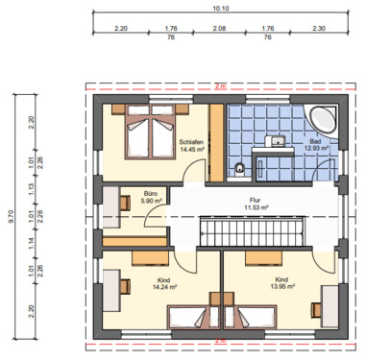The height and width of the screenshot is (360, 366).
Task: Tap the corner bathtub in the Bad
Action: click(321, 120)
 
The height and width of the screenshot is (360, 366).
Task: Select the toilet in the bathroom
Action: click(239, 169)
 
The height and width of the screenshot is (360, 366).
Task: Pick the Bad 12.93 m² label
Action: click(317, 146)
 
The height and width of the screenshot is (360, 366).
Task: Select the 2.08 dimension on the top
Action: click(220, 30)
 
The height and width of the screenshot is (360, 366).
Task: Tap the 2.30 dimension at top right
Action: click(319, 30)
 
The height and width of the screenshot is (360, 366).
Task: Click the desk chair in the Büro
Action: click(125, 203)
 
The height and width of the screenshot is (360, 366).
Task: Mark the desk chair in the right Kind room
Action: click(315, 307)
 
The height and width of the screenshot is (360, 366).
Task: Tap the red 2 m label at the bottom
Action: click(220, 341)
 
